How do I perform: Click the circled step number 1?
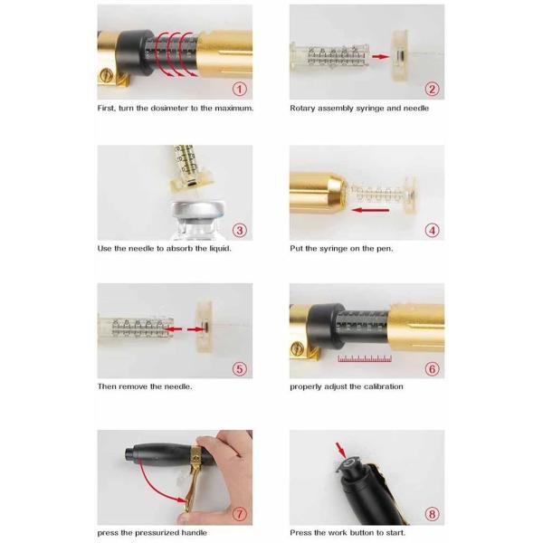pos(239,89)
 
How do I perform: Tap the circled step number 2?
pos(432,89)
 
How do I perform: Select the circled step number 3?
pos(239,230)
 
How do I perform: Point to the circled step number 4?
pos(432,230)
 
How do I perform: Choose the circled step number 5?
pos(239,368)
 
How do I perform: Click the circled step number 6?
pos(432,368)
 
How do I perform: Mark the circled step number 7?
pos(239,514)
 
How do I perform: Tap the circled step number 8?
pos(432,514)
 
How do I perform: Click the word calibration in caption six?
pos(383,386)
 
